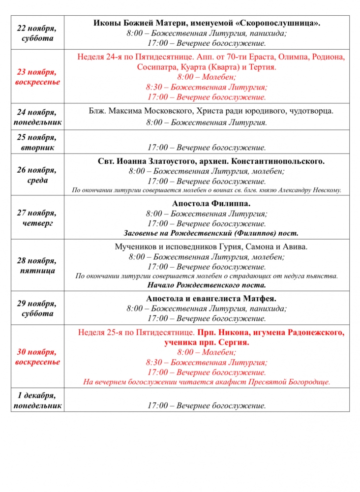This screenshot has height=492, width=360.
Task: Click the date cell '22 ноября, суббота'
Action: tap(38, 33)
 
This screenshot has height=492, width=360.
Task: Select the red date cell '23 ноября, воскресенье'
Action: tap(38, 77)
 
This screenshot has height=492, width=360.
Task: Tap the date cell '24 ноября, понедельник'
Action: tap(38, 117)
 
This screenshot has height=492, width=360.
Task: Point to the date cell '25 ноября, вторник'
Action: tap(38, 142)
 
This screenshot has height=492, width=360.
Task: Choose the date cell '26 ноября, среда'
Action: tap(38, 175)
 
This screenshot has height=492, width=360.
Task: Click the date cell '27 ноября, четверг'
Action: tap(38, 218)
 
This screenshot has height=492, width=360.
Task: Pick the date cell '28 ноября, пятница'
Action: tap(38, 265)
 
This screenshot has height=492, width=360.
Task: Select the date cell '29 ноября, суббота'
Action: tap(38, 308)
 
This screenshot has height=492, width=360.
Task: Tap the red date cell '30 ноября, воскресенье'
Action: tap(38, 357)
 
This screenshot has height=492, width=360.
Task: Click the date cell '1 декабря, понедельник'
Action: tap(38, 400)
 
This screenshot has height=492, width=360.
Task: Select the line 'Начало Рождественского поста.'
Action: tap(207, 285)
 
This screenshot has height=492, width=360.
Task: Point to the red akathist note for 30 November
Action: tap(207, 381)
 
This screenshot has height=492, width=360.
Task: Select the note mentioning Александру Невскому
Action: tap(207, 190)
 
